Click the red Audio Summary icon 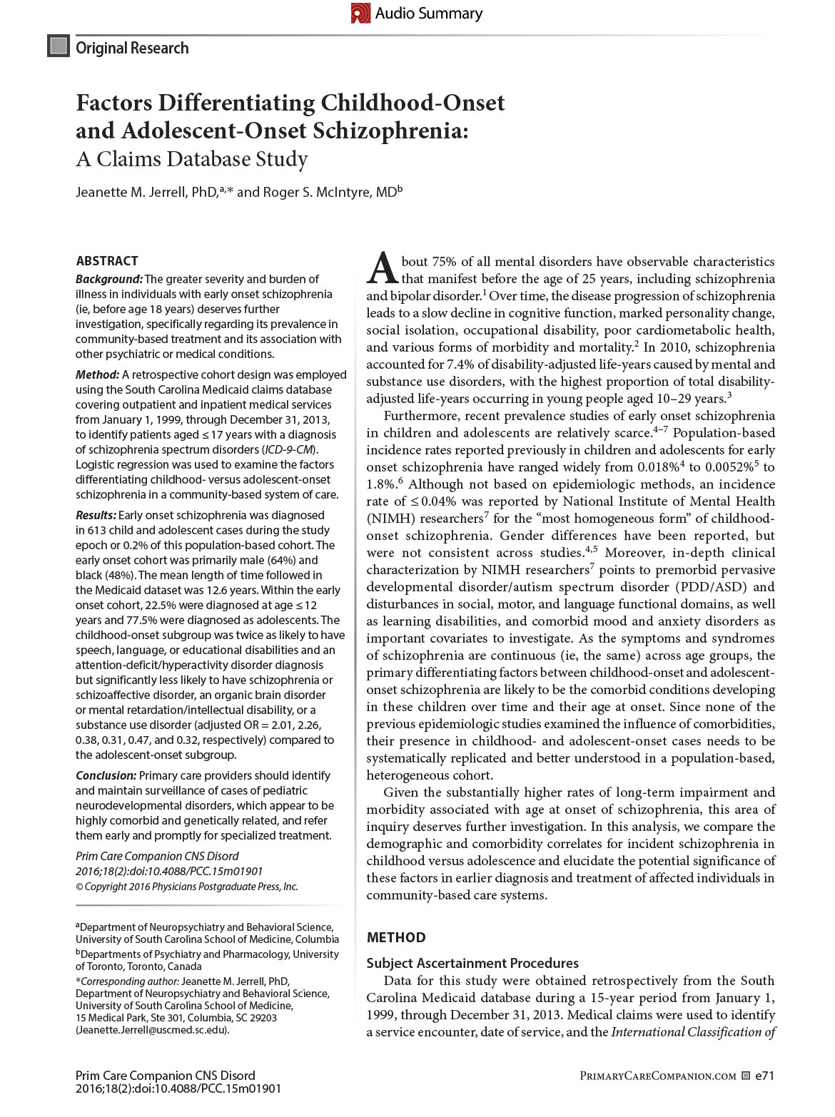coord(361,14)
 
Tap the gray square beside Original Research coord(58,46)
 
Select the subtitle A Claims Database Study coord(192,158)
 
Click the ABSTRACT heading coord(107,261)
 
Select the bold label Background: coord(109,279)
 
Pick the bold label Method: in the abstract coord(98,374)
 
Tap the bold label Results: coord(96,515)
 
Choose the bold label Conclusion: coord(106,775)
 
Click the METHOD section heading coord(396,937)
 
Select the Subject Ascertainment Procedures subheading coord(472,964)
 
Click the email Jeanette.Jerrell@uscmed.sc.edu coord(153,1030)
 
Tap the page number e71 coord(764,1076)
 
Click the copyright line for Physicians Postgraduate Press coord(187,887)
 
